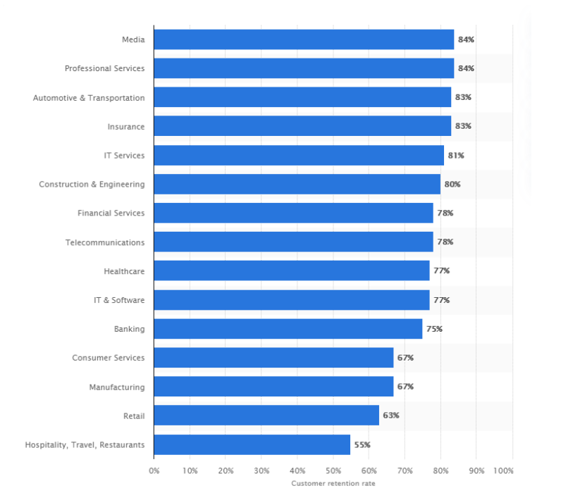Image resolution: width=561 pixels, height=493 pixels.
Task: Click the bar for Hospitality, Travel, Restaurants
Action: click(x=252, y=444)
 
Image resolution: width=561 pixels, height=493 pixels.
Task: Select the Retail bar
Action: click(x=266, y=416)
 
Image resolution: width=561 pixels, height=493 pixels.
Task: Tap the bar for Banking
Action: click(x=288, y=329)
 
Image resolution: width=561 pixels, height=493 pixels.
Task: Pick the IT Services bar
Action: click(x=298, y=155)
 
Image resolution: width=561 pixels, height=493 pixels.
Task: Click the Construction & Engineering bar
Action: click(x=297, y=185)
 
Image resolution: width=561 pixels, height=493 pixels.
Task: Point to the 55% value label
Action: click(x=362, y=444)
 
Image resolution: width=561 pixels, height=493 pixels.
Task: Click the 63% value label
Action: click(x=391, y=416)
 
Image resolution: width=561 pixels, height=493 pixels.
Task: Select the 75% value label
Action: click(x=434, y=329)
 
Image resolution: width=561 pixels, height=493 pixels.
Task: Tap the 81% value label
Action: click(x=456, y=155)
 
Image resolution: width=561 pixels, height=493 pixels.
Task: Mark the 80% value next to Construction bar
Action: click(x=452, y=185)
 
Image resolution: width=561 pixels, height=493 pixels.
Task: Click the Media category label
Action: click(x=133, y=39)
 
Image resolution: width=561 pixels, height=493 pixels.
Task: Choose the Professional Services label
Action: click(x=104, y=68)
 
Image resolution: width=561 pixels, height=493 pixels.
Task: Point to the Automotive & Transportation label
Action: click(x=89, y=98)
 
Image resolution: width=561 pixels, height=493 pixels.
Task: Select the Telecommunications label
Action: click(x=105, y=242)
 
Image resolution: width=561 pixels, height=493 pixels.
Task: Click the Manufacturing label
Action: click(x=116, y=387)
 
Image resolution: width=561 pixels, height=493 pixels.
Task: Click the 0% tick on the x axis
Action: click(x=154, y=470)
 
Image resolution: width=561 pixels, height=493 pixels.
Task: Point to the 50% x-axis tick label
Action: click(x=333, y=470)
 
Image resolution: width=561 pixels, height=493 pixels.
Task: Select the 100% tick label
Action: click(x=504, y=470)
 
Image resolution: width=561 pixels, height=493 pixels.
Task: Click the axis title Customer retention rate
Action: click(x=333, y=483)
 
